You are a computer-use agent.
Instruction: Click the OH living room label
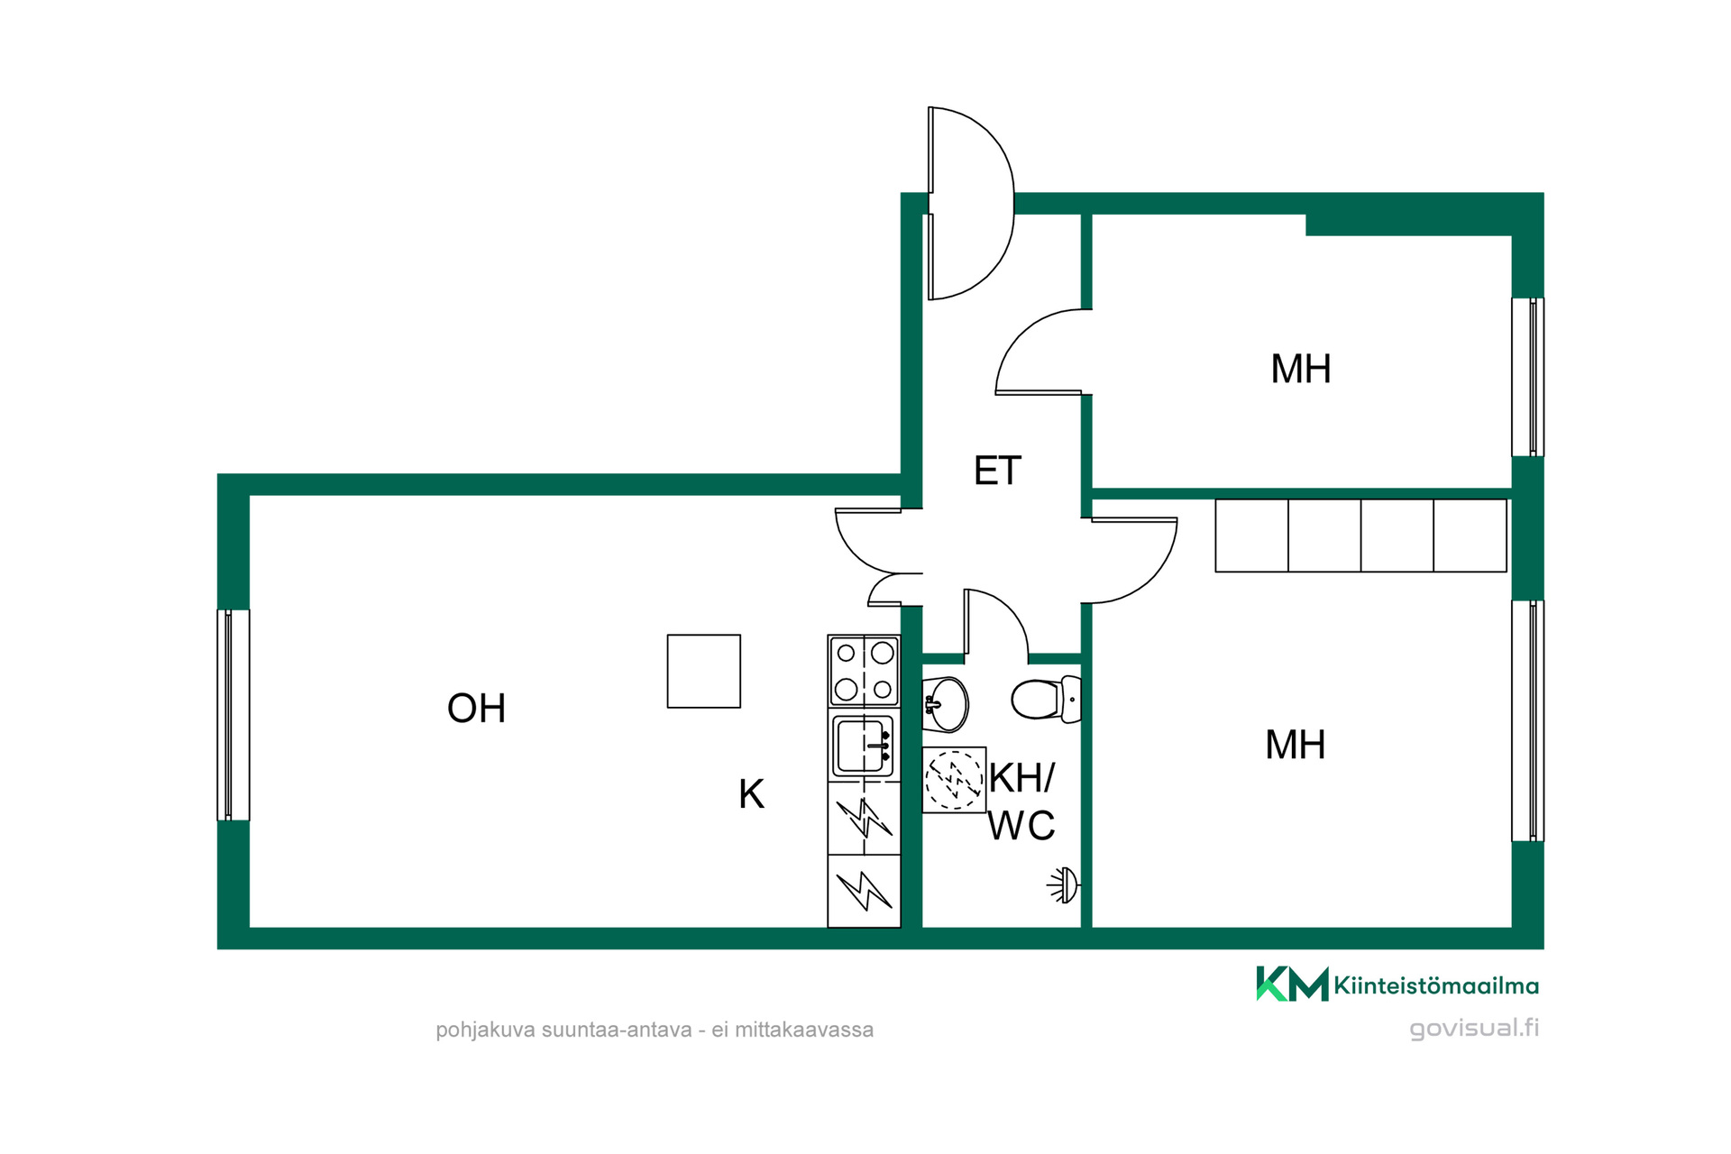click(x=476, y=709)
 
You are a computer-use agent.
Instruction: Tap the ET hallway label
click(x=997, y=471)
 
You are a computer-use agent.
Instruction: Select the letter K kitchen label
click(x=751, y=794)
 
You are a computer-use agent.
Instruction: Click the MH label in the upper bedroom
click(x=1300, y=369)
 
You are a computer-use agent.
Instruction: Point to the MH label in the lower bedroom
click(x=1295, y=745)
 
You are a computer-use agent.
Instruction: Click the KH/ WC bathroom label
click(x=1021, y=801)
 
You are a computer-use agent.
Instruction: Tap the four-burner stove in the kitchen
click(x=864, y=671)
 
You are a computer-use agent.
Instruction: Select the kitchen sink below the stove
click(x=864, y=745)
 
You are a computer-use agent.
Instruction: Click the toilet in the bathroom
click(x=1046, y=700)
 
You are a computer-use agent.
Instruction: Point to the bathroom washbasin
click(x=945, y=704)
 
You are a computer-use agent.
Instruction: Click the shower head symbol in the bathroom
click(x=1064, y=885)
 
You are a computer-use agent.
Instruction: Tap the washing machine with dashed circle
click(x=954, y=779)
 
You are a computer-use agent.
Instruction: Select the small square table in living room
click(x=703, y=671)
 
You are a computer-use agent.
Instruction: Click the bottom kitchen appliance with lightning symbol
click(x=864, y=891)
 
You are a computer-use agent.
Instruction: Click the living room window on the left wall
click(x=234, y=715)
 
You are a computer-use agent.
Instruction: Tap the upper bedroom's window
click(x=1527, y=377)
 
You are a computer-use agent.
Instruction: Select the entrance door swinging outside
click(x=970, y=203)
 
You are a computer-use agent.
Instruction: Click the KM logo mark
click(x=1292, y=985)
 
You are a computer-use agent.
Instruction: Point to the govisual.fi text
click(x=1474, y=1029)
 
